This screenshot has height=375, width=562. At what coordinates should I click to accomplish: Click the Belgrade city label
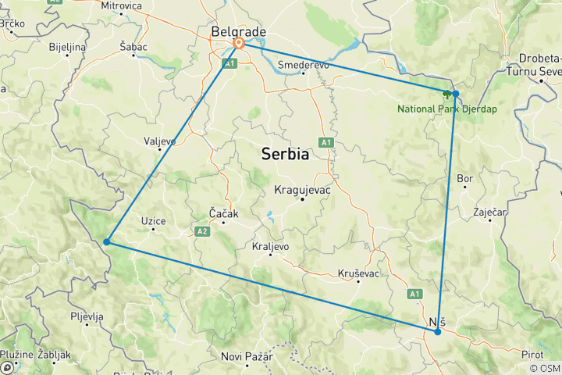[x=239, y=31]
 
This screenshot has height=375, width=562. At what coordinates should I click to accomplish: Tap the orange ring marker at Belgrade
[x=239, y=44]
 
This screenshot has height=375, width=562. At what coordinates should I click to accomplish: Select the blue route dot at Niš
[x=438, y=332]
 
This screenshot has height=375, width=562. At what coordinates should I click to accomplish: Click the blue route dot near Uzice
[x=106, y=242]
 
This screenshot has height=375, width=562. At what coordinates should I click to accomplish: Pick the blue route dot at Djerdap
[x=456, y=94]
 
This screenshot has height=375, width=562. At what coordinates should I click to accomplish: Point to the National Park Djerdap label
[x=447, y=109]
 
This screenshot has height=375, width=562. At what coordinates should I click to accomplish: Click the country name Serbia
[x=285, y=155]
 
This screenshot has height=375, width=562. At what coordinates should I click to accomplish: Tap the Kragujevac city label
[x=304, y=190]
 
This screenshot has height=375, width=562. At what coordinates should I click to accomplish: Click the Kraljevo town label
[x=271, y=246]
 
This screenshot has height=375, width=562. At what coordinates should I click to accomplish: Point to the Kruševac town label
[x=359, y=273]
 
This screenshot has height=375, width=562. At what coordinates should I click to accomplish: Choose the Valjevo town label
[x=161, y=141]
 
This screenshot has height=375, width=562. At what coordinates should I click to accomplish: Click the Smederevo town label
[x=304, y=66]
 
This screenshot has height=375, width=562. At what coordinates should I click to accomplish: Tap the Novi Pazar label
[x=247, y=357]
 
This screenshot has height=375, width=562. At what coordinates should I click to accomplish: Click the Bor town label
[x=465, y=179]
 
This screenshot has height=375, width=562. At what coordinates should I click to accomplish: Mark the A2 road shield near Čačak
[x=202, y=230]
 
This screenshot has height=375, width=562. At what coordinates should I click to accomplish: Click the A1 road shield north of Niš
[x=414, y=293]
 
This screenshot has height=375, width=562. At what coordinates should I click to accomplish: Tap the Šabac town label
[x=133, y=47]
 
